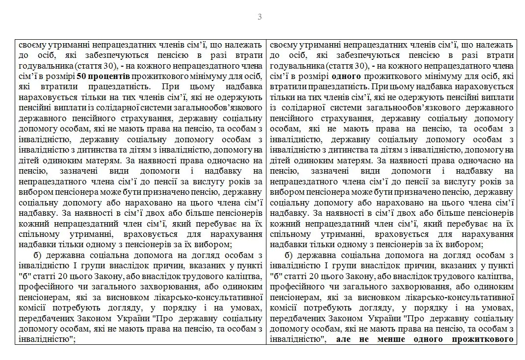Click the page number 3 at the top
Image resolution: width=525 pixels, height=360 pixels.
(x=260, y=17)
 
